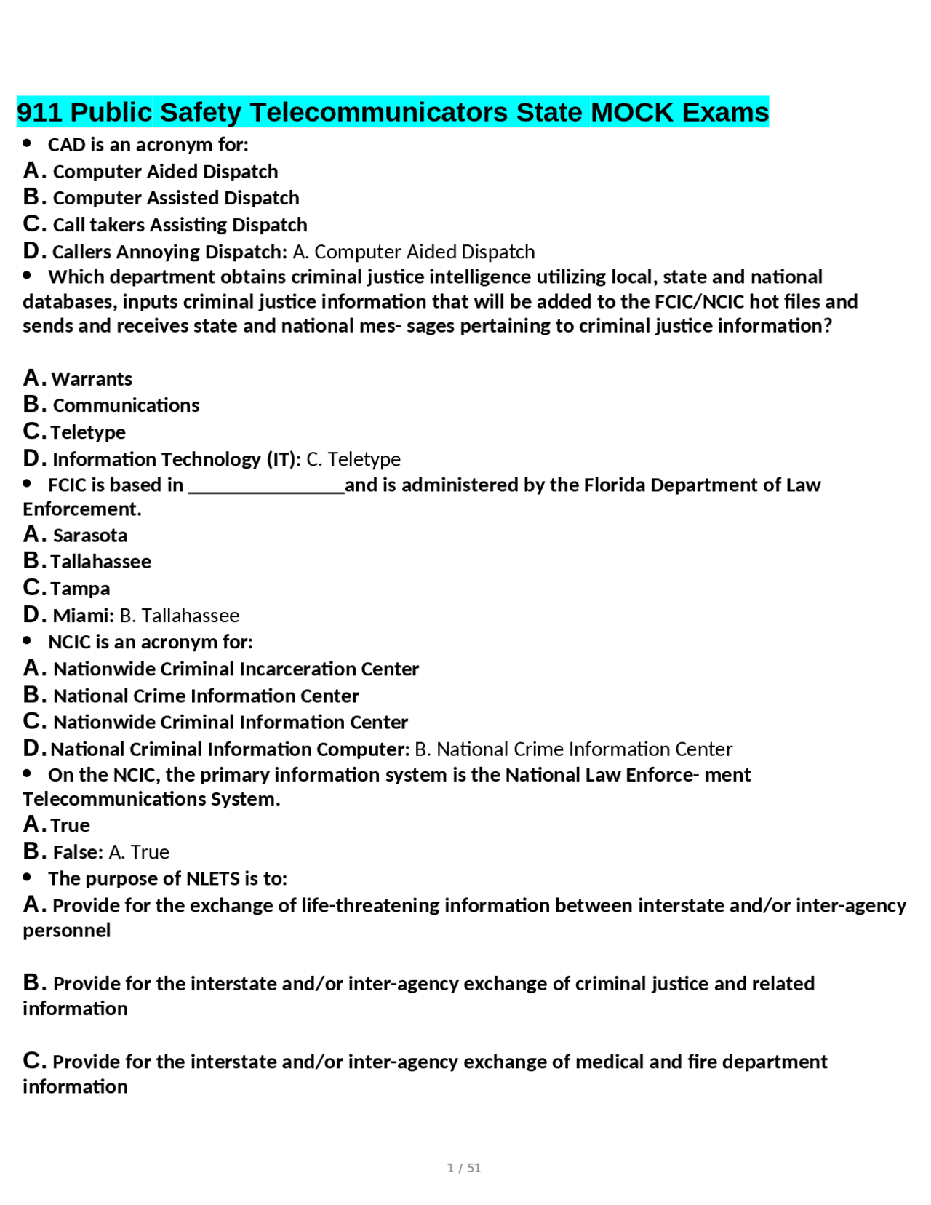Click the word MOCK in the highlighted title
pos(631,112)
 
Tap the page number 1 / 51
pos(463,1167)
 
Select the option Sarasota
pos(89,536)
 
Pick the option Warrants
pos(92,379)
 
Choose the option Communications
pos(126,405)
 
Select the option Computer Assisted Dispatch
pos(176,198)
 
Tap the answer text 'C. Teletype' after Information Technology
pos(353,459)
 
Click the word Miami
pos(81,616)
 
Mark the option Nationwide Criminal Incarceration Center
pos(236,669)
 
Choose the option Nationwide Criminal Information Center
pos(230,722)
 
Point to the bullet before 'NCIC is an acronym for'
pos(28,640)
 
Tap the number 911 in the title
pos(39,112)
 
